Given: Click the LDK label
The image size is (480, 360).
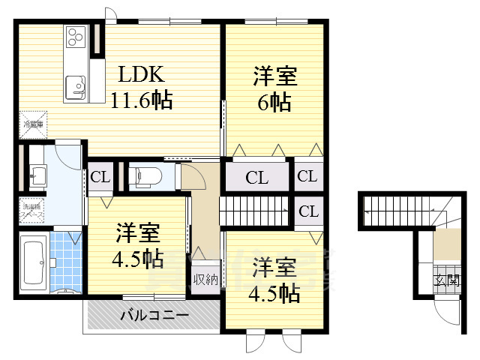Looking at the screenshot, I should tap(140, 75).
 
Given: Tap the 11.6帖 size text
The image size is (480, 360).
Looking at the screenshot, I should tap(142, 100).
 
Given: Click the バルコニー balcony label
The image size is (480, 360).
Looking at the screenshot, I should tap(155, 316).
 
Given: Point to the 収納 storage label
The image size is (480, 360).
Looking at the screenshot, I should tap(205, 280).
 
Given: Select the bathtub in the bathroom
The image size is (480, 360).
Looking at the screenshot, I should tap(33, 260).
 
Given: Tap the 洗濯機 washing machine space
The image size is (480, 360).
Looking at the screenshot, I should tap(33, 209).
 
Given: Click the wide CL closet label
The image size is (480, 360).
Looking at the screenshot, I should tap(257, 178).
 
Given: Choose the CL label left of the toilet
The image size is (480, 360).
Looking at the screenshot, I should tap(100, 178).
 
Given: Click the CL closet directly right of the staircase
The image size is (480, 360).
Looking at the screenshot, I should tap(308, 211).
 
